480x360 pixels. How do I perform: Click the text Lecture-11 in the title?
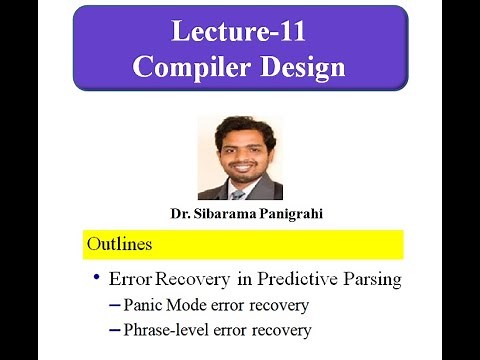(240, 32)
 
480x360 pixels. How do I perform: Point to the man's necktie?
(238, 192)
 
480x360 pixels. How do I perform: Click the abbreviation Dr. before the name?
(181, 215)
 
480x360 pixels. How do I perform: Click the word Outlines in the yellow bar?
(119, 244)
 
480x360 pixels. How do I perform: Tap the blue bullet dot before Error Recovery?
(96, 277)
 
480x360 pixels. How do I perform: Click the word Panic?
(144, 305)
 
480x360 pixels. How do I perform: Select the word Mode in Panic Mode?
(188, 305)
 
